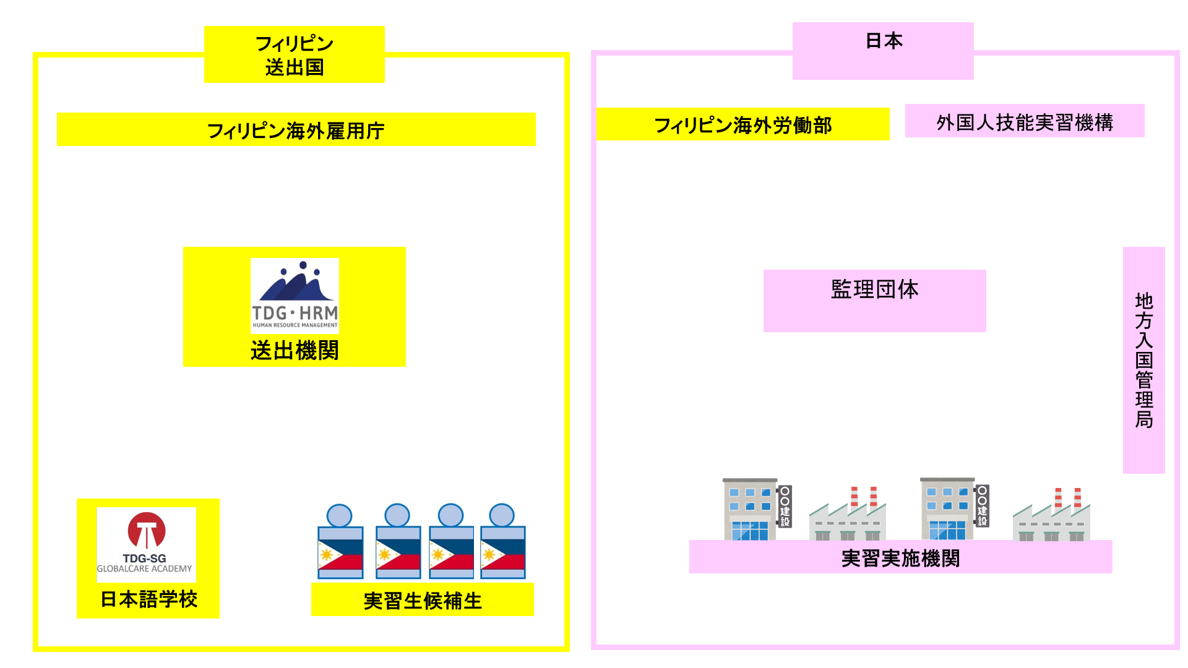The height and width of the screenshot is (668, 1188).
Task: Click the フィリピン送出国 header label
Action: pos(295,54)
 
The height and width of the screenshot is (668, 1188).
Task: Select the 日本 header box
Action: pos(883,50)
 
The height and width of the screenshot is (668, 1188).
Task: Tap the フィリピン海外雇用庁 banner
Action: pos(296,130)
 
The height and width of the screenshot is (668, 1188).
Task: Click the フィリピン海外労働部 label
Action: pos(742,125)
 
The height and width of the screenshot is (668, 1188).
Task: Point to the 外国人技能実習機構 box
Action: pos(1025,121)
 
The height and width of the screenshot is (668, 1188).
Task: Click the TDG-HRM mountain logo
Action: pos(295,296)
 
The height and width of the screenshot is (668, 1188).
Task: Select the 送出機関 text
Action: pos(295,351)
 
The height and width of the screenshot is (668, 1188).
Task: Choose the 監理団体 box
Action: pos(874,301)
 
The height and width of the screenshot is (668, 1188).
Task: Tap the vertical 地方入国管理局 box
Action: pos(1143,360)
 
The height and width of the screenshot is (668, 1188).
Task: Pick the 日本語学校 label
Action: pos(148,599)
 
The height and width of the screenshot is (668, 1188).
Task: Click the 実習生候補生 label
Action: pos(423,600)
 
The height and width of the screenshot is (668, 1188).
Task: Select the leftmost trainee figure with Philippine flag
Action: pos(340,542)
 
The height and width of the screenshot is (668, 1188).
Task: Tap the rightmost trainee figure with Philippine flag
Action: pos(502,542)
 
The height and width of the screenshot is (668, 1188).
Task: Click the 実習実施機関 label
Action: pos(900,558)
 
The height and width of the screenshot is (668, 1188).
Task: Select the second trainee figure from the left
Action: pos(398,542)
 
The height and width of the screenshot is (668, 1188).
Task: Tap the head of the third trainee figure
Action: pos(450,515)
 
